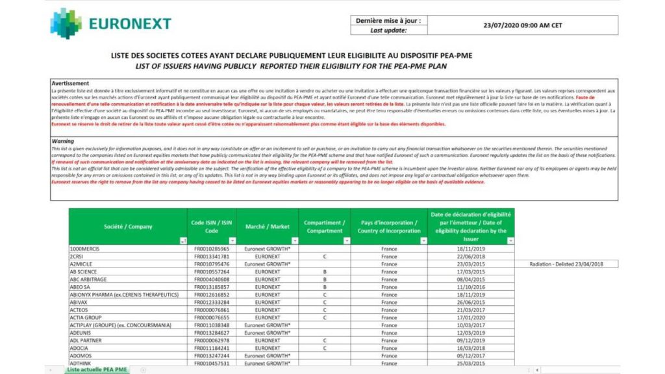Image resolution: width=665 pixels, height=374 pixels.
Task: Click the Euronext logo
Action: point(111,24)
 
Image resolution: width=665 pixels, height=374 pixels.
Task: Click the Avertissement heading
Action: point(70,83)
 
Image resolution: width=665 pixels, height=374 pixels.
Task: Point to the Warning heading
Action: point(63,141)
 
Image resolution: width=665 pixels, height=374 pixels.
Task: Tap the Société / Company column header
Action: point(128,227)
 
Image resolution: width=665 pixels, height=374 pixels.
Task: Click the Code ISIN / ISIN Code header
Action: point(212,227)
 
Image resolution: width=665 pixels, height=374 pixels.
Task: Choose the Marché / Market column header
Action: point(267,227)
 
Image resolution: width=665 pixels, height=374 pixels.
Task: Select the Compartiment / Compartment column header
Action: point(324,227)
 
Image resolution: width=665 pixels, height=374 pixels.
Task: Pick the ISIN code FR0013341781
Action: point(212,256)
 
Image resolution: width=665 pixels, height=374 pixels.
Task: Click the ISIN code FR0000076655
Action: point(212,318)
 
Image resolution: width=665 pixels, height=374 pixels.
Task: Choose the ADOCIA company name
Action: point(81,348)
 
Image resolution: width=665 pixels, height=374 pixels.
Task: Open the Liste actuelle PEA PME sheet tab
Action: point(97,369)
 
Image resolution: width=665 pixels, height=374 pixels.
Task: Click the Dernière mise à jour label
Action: point(388,21)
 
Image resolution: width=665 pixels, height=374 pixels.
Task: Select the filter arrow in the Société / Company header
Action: point(182,241)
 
